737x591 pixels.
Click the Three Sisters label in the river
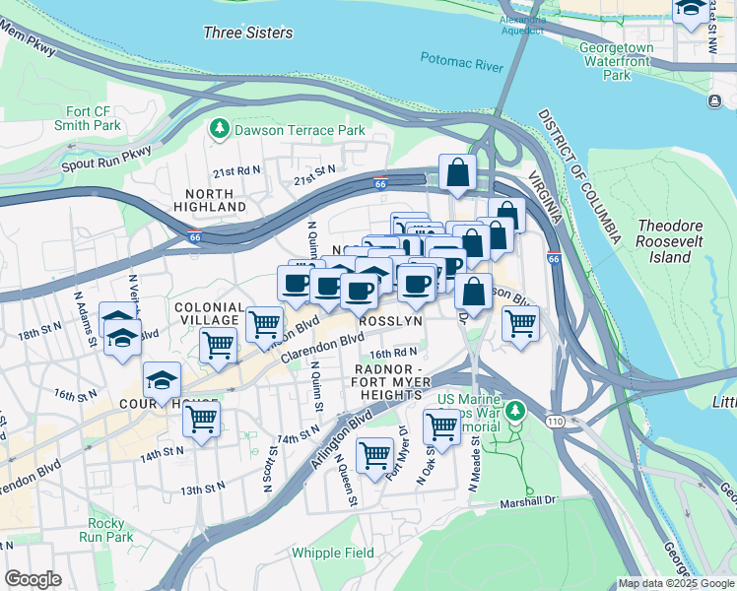(247, 33)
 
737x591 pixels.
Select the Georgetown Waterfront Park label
(617, 61)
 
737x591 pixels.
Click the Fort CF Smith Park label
(95, 118)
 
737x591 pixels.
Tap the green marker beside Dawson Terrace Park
(219, 129)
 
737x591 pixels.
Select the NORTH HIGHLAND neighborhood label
(210, 200)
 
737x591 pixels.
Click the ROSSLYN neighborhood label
(390, 321)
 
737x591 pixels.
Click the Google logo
(33, 578)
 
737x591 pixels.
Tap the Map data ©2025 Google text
(675, 583)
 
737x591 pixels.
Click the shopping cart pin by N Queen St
(374, 456)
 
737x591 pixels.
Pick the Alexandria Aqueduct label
(522, 25)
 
